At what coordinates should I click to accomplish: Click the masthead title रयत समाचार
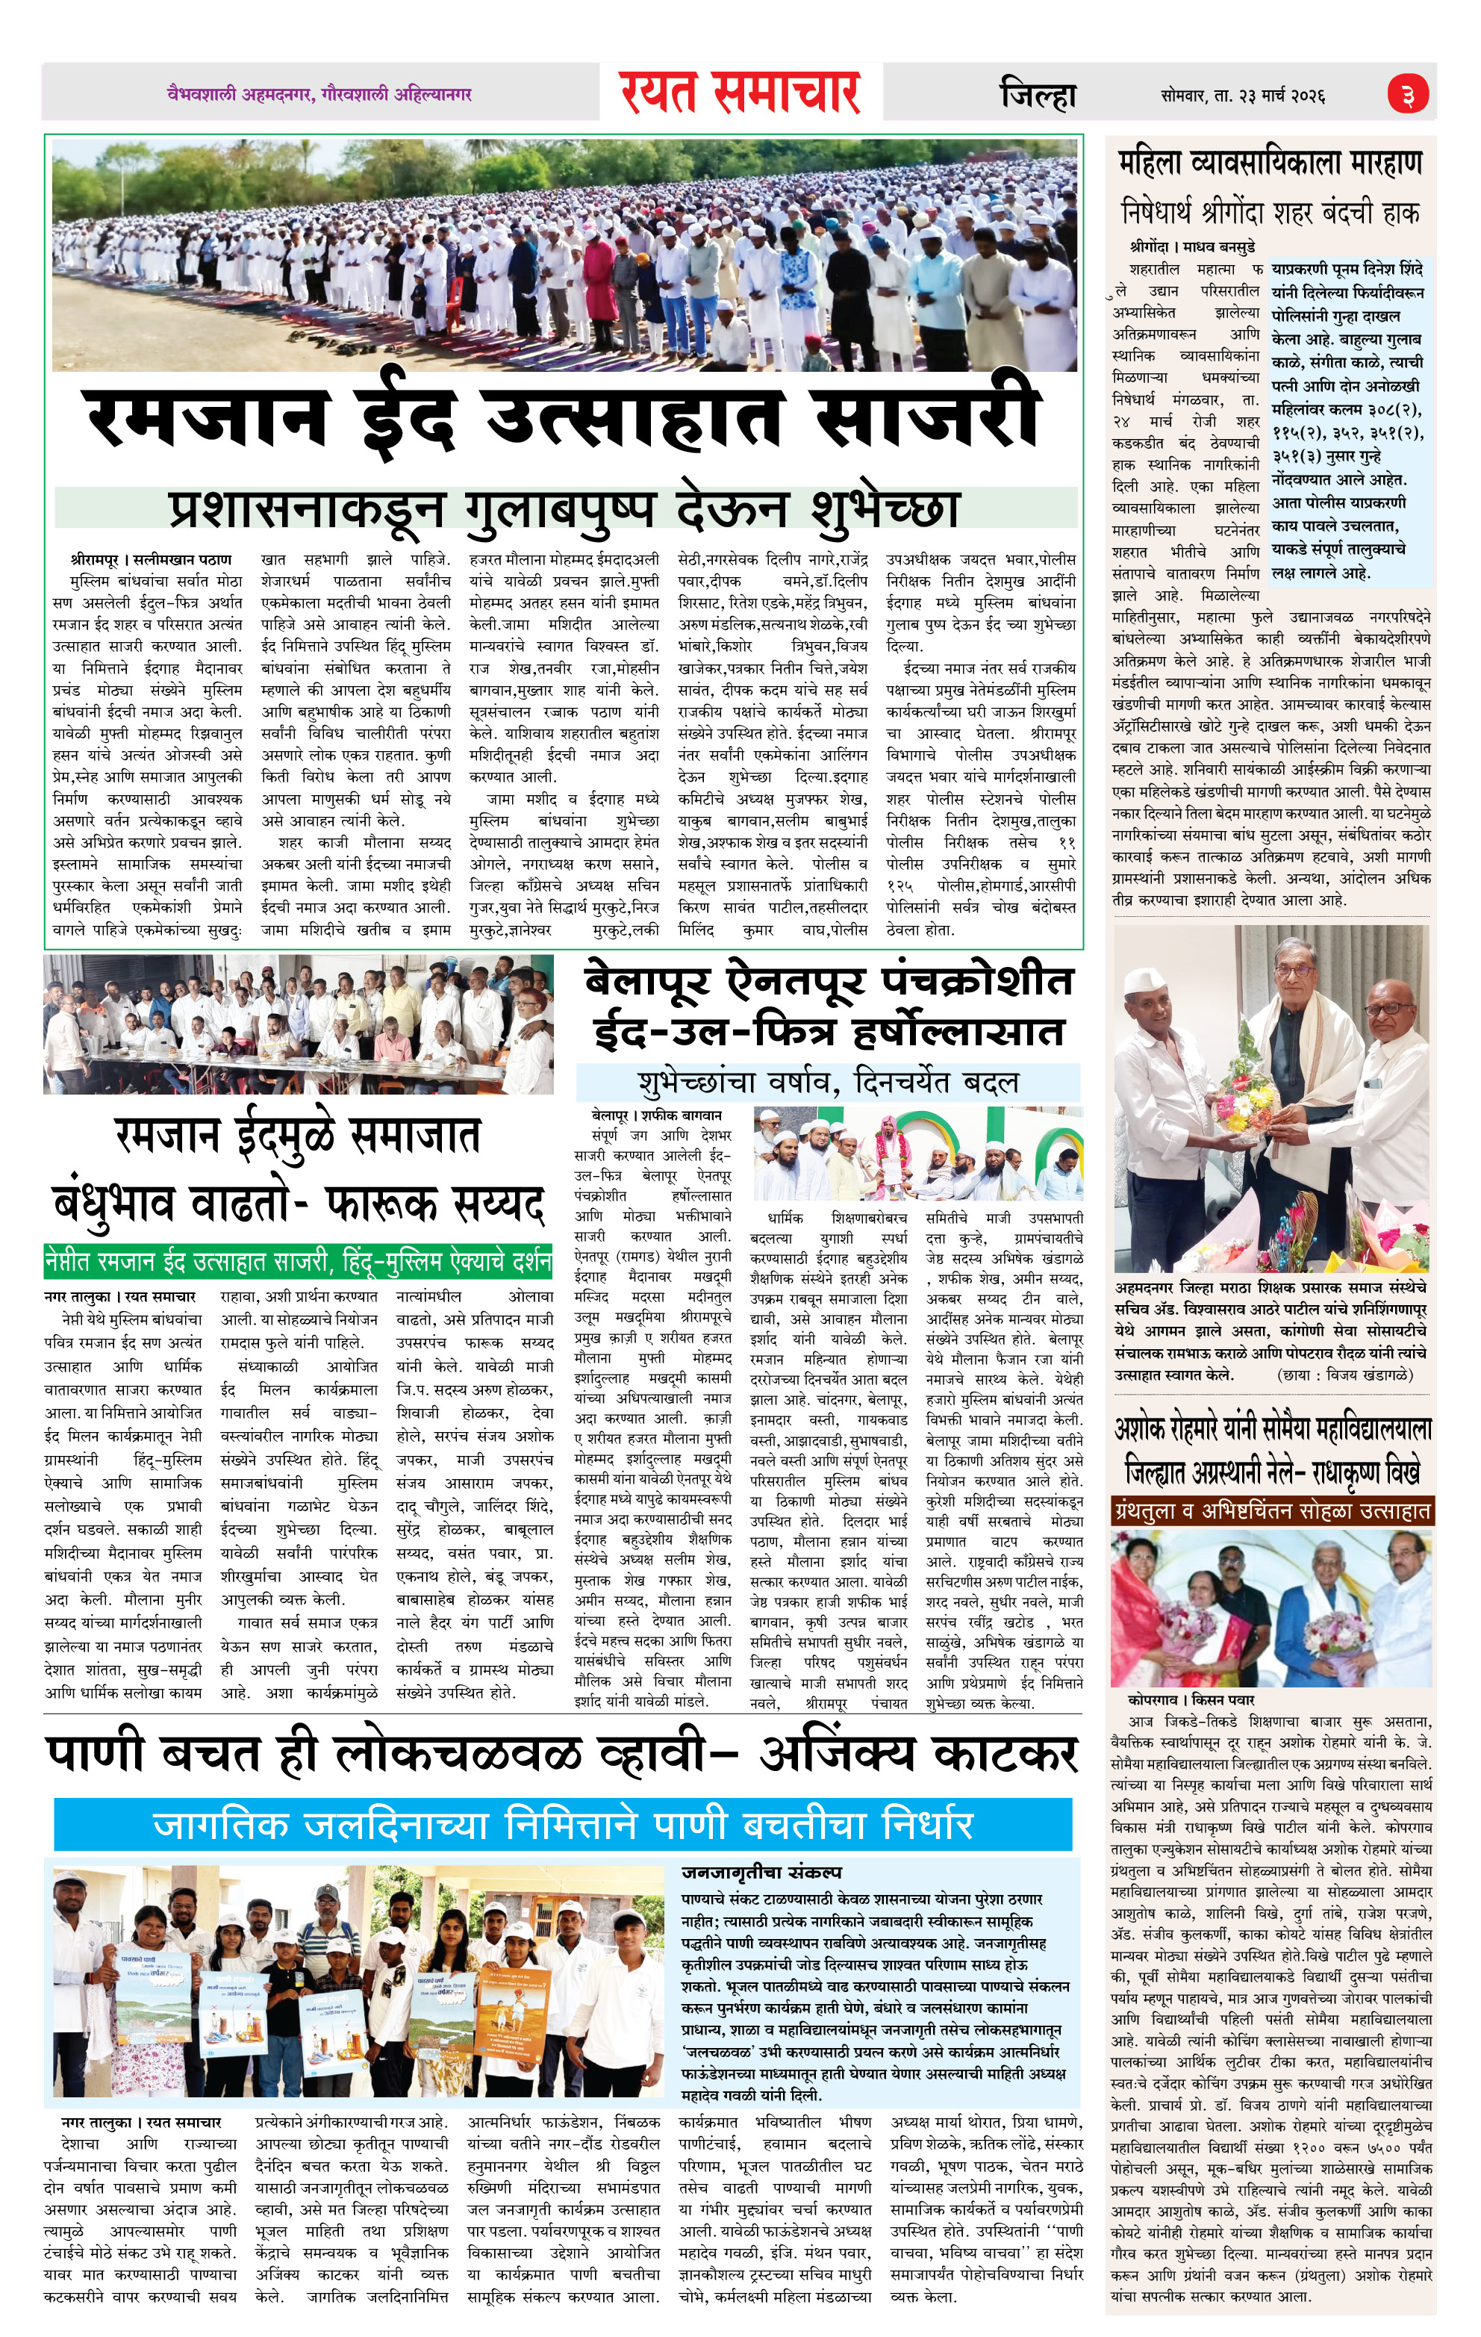(740, 94)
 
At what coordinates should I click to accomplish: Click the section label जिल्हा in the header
(1038, 95)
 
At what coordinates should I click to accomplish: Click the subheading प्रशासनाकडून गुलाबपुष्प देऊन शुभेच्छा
(565, 508)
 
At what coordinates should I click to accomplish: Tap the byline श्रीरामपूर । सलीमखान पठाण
(151, 560)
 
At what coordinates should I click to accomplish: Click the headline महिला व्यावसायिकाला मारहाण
(1270, 163)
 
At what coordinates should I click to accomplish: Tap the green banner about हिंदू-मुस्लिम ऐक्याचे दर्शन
(298, 1263)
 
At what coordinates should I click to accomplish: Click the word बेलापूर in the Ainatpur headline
(647, 982)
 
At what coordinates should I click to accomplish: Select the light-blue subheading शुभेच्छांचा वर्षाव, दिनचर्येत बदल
(828, 1082)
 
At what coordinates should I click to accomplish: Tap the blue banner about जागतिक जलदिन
(563, 1826)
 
